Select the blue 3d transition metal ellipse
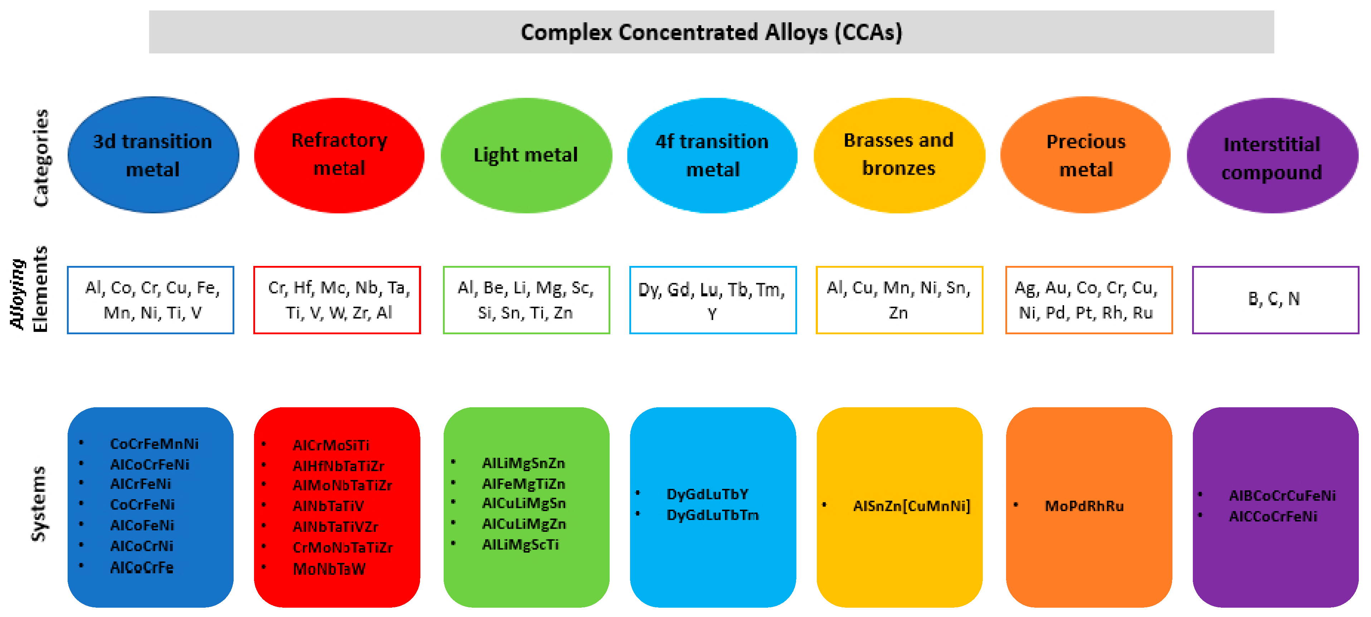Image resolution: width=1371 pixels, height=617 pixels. [x=153, y=155]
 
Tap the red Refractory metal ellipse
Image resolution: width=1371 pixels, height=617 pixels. [x=339, y=155]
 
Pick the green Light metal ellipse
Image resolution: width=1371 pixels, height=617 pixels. [x=526, y=155]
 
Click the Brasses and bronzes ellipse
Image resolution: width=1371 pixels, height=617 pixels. [x=899, y=155]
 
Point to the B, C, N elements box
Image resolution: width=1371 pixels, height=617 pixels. [x=1275, y=300]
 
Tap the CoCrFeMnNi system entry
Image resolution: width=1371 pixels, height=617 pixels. [x=154, y=443]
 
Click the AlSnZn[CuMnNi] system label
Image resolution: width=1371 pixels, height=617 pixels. [x=912, y=506]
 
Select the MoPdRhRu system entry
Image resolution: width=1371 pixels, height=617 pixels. [x=1084, y=506]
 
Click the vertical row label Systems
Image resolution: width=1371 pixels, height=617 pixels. [x=38, y=504]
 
